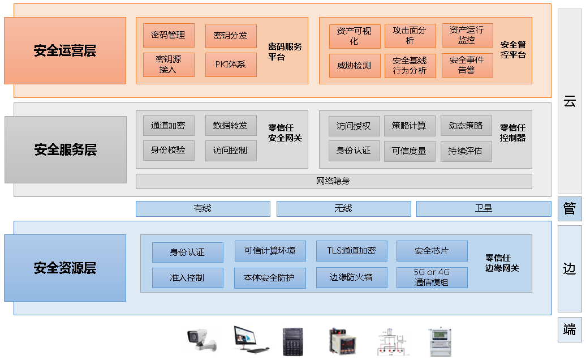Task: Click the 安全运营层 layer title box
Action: coord(65,50)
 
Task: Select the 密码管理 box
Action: coord(169,35)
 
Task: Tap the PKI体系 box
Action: coord(231,65)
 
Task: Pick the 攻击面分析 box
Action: coord(410,36)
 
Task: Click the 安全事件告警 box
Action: coord(467,66)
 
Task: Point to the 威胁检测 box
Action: coord(354,66)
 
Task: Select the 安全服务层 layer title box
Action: coord(66,149)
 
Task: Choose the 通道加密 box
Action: coord(169,126)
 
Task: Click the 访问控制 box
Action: coord(231,151)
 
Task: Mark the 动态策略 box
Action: coord(466,126)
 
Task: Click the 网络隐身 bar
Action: coord(334,181)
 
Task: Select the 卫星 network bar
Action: coord(484,208)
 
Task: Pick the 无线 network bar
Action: coord(343,208)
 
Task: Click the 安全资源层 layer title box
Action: coord(65,268)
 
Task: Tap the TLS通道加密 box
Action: coord(351,251)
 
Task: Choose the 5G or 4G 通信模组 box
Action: coord(432,277)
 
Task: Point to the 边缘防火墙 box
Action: coord(351,277)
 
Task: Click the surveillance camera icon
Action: coord(201,340)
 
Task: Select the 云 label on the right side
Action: coord(570,102)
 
